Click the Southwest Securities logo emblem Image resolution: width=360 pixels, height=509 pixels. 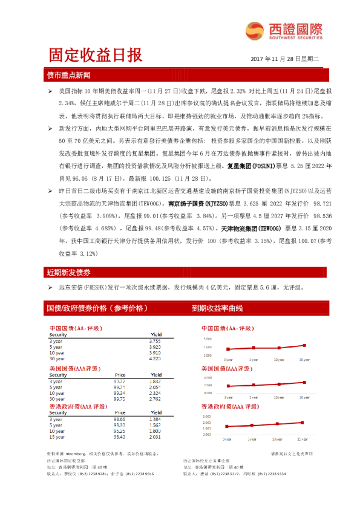coord(252,29)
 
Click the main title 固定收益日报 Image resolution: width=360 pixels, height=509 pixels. coord(95,56)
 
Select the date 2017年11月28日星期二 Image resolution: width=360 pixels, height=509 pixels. coord(284,59)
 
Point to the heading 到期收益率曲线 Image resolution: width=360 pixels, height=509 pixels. coord(217,308)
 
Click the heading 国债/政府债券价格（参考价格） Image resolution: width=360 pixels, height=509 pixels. coord(97,308)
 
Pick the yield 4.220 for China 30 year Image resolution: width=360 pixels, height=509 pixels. coord(155,359)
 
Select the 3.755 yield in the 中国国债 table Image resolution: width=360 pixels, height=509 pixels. coord(155,342)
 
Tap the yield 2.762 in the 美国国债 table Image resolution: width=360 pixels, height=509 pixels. coord(155,399)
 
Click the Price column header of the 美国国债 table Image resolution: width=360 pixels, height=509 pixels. coord(119,375)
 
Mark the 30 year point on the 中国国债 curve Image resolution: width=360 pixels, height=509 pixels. coord(304,345)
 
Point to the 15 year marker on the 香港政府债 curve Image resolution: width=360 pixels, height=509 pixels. coord(304,421)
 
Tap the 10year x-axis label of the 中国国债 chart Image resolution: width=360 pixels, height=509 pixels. coord(279,359)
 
